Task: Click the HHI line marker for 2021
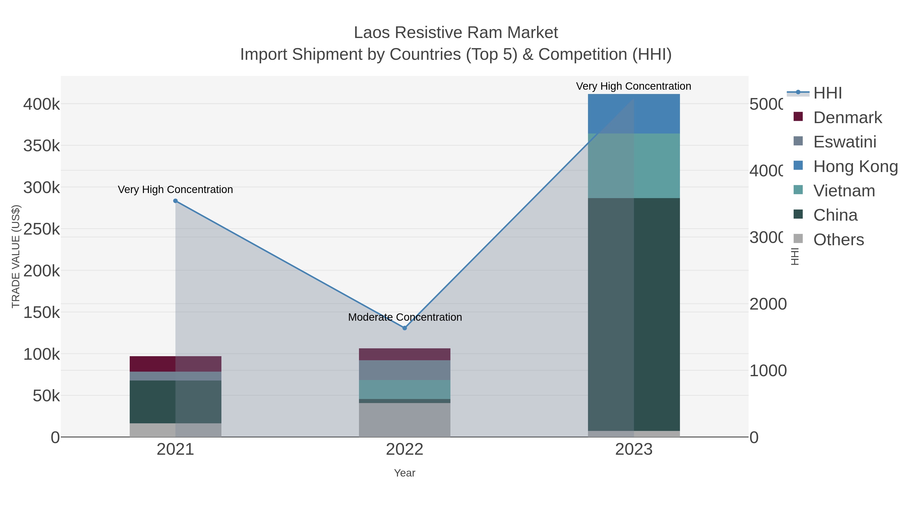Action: tap(175, 201)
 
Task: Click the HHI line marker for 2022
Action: tap(405, 328)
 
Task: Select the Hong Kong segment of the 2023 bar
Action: tap(634, 114)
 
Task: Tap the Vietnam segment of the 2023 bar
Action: tap(634, 166)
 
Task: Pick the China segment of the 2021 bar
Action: tap(175, 402)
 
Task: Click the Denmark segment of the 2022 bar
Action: tap(405, 354)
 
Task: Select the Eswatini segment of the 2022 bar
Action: tap(405, 370)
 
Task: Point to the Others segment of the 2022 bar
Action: tap(405, 420)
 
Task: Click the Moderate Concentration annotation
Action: tap(405, 317)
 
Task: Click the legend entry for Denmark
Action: tap(847, 118)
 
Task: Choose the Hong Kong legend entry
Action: tap(855, 166)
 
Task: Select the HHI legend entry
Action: tap(827, 93)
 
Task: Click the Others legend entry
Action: tap(838, 240)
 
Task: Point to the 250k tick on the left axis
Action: tap(42, 229)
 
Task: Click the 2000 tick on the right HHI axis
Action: tap(768, 304)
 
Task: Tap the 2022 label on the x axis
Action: tap(405, 449)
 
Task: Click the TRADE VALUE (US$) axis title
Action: tap(16, 256)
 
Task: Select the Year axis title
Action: tap(405, 473)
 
